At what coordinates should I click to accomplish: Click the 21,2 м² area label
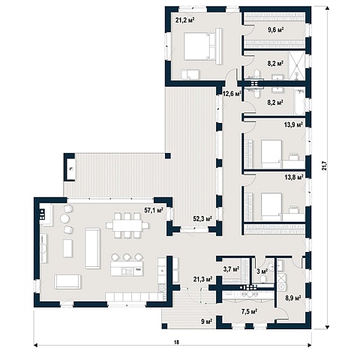pyautogui.click(x=185, y=20)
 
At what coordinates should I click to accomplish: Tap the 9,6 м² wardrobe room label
pyautogui.click(x=275, y=30)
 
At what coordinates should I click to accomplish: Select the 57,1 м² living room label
pyautogui.click(x=154, y=210)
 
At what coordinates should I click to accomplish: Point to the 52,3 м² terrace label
pyautogui.click(x=202, y=219)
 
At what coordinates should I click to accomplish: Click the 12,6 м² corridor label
pyautogui.click(x=232, y=94)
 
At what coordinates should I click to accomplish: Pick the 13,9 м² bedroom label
pyautogui.click(x=293, y=124)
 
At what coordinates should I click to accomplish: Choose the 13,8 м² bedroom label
pyautogui.click(x=294, y=178)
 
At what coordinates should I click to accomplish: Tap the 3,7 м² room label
pyautogui.click(x=231, y=269)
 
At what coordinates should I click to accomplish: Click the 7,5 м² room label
pyautogui.click(x=250, y=311)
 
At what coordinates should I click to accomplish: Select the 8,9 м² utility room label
pyautogui.click(x=293, y=298)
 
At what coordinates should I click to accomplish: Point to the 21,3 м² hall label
pyautogui.click(x=202, y=278)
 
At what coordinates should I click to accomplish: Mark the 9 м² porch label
pyautogui.click(x=207, y=321)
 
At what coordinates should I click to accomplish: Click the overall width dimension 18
pyautogui.click(x=177, y=342)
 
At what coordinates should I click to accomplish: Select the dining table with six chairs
pyautogui.click(x=127, y=225)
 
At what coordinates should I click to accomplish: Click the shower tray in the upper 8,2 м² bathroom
pyautogui.click(x=298, y=66)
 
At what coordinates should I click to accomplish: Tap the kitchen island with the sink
pyautogui.click(x=127, y=268)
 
